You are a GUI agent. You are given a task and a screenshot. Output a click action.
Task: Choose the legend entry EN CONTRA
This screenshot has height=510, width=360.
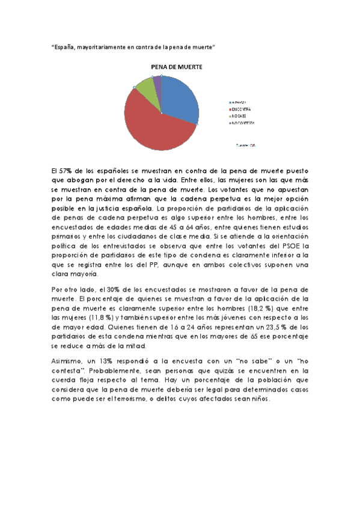point(240,109)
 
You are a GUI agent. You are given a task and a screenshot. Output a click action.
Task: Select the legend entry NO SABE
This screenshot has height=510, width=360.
point(239,115)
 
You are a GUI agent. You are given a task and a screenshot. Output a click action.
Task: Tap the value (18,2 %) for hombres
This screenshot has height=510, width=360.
point(260,308)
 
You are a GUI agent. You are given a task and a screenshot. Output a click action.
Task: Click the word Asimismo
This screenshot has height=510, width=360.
point(68,361)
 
